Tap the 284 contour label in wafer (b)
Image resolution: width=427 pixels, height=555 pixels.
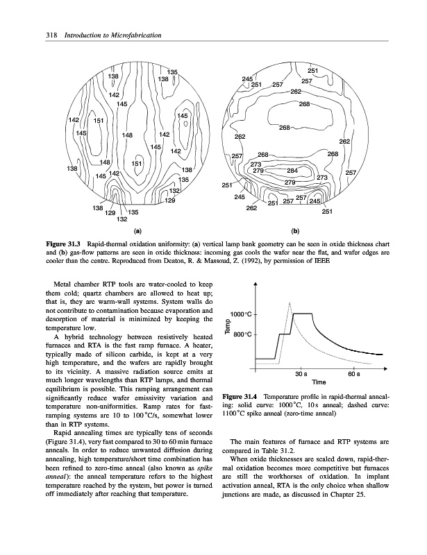pyautogui.click(x=292, y=170)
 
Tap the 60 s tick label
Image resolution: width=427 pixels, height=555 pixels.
pyautogui.click(x=353, y=373)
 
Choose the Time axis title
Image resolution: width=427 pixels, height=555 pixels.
pyautogui.click(x=319, y=382)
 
